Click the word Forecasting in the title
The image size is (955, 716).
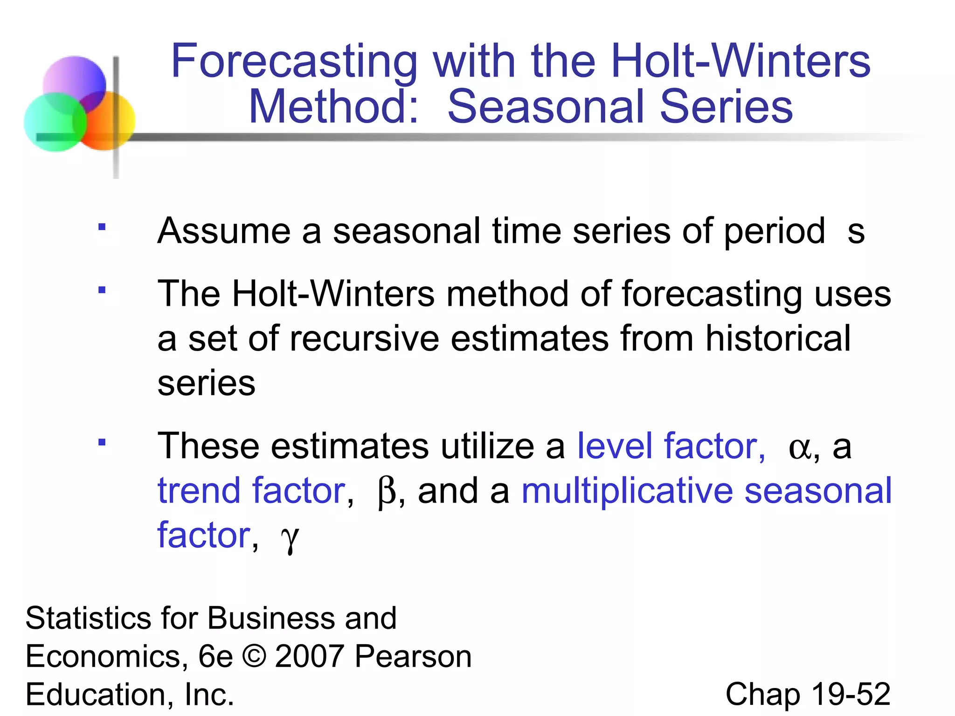point(294,62)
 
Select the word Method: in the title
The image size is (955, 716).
point(334,107)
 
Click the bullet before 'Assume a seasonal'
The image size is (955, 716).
point(102,227)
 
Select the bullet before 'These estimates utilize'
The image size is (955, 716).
point(102,442)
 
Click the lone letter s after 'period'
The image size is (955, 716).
point(856,232)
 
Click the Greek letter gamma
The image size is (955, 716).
point(290,538)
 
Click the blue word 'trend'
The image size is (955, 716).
point(199,491)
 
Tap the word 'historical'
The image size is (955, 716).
point(778,339)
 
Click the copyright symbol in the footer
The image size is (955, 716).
point(254,657)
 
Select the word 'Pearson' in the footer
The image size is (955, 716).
point(413,657)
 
